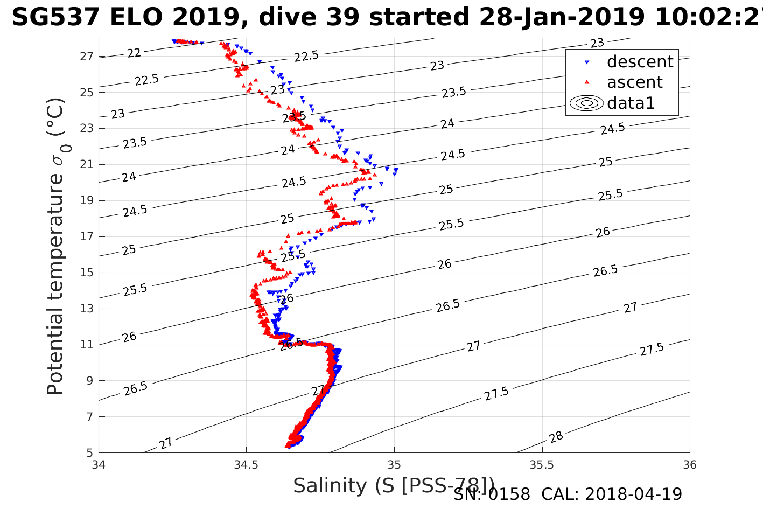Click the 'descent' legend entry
click(x=640, y=62)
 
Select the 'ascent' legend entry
click(x=634, y=82)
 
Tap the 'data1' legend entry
click(x=631, y=103)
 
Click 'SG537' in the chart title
click(x=55, y=18)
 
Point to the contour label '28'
click(x=556, y=437)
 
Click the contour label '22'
click(x=134, y=53)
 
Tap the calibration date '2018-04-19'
click(x=633, y=494)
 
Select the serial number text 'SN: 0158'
click(x=492, y=494)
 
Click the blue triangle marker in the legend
click(x=587, y=62)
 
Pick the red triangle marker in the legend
click(x=587, y=82)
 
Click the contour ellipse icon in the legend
click(x=586, y=103)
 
